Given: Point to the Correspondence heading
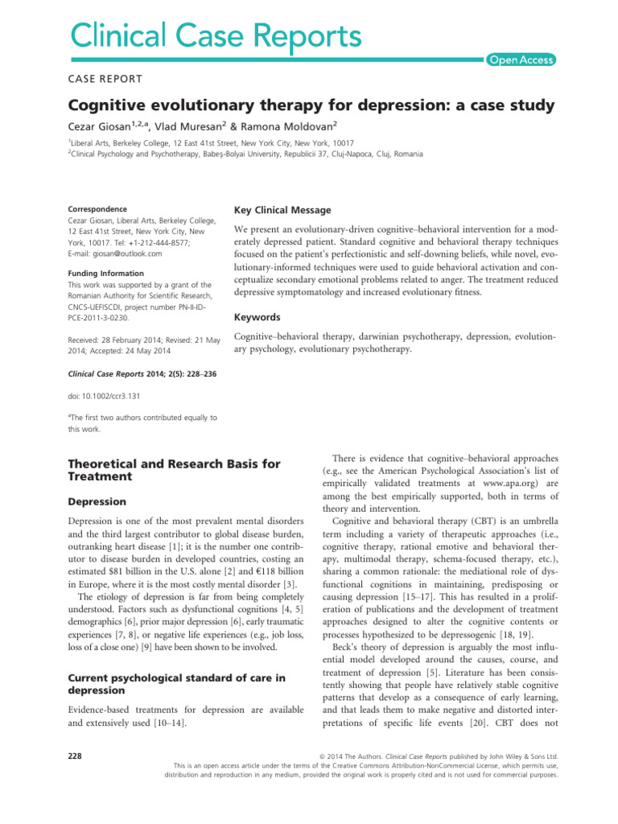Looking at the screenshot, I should [x=97, y=209].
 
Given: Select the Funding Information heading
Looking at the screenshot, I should [x=105, y=274].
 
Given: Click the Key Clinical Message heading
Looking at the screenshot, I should [x=282, y=210].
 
